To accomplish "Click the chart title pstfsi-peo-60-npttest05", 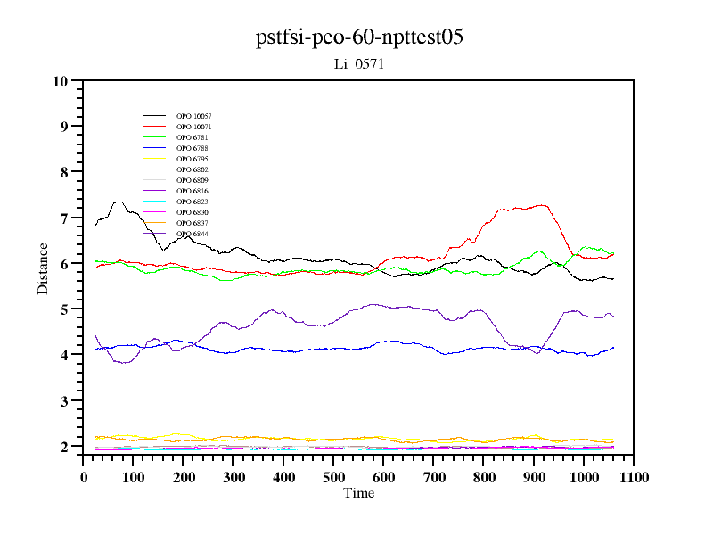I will coord(359,37).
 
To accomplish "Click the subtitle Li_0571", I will coord(358,64).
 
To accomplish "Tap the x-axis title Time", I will coord(359,493).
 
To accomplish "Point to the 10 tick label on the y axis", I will coord(61,81).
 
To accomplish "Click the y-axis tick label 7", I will coord(64,218).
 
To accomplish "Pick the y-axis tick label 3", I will coord(64,401).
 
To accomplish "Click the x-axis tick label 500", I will coord(334,477).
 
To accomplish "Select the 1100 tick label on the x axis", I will coord(634,477).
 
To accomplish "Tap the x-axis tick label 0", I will coord(84,477).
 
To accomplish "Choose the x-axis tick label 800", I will coord(484,477).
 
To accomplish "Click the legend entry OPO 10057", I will coord(193,117).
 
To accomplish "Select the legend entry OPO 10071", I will coord(193,128).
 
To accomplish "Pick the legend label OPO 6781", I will coord(192,138).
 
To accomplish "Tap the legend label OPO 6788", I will coord(192,149).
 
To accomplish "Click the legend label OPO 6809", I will coord(192,181).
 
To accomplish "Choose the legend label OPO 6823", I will coord(192,202).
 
